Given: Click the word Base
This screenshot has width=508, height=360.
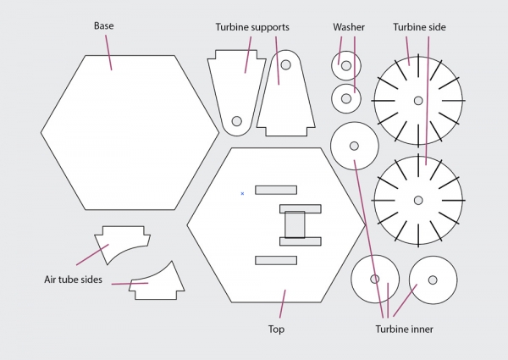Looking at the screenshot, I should pyautogui.click(x=103, y=26).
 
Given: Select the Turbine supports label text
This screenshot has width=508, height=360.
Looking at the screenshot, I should pyautogui.click(x=252, y=27).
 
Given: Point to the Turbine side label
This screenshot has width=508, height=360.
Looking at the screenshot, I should pyautogui.click(x=419, y=27).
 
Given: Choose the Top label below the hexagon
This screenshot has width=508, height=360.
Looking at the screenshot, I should pyautogui.click(x=276, y=329).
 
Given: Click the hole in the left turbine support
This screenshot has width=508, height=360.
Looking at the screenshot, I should pyautogui.click(x=237, y=120).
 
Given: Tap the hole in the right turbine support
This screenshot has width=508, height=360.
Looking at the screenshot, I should pyautogui.click(x=286, y=64).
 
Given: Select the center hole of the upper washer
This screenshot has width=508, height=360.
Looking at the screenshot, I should pyautogui.click(x=345, y=63).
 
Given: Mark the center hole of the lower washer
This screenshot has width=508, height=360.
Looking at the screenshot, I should pyautogui.click(x=345, y=98).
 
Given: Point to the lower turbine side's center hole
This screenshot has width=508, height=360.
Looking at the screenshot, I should pyautogui.click(x=418, y=201).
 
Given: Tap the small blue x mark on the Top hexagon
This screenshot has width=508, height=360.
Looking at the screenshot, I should pyautogui.click(x=242, y=194).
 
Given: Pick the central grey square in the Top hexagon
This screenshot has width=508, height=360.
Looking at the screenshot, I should pyautogui.click(x=295, y=224).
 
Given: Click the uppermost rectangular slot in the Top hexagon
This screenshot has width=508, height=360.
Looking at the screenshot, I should pyautogui.click(x=275, y=190).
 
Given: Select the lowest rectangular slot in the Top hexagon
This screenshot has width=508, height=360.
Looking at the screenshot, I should pyautogui.click(x=275, y=260).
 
